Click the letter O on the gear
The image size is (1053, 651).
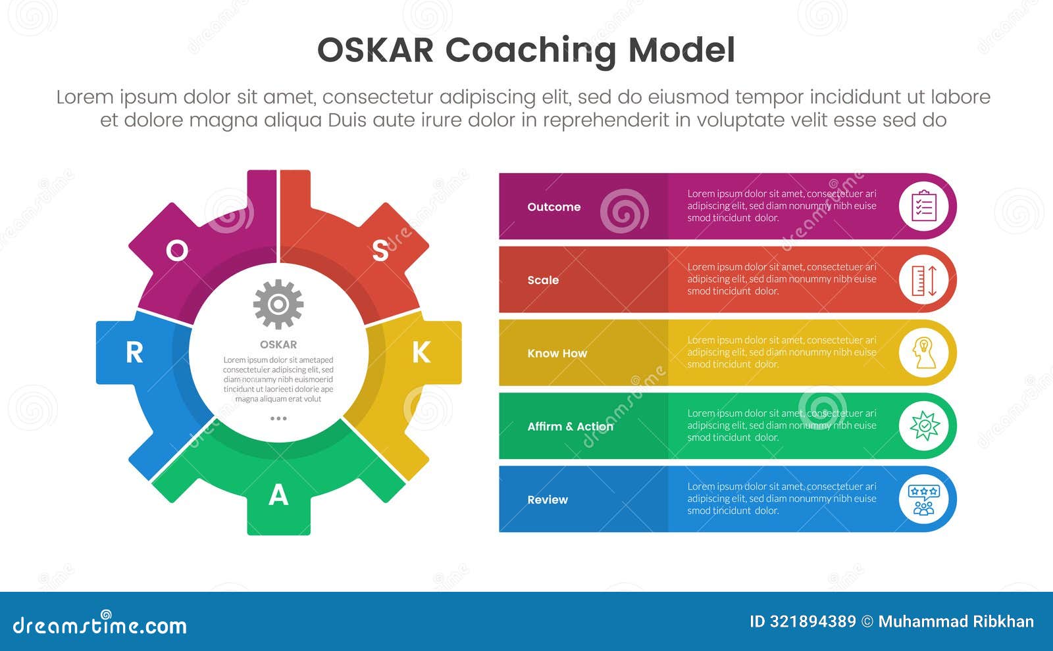pyautogui.click(x=177, y=251)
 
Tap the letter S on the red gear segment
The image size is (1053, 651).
pyautogui.click(x=380, y=251)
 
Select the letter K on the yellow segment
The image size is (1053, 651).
pyautogui.click(x=421, y=352)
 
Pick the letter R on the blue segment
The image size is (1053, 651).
pyautogui.click(x=134, y=352)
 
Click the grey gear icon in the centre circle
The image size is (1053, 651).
pyautogui.click(x=278, y=304)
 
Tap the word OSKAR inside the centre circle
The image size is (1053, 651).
pyautogui.click(x=278, y=345)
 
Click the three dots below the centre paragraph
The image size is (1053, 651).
pyautogui.click(x=278, y=418)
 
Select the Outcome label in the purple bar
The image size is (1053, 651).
pyautogui.click(x=553, y=206)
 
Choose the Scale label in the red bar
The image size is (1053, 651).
pyautogui.click(x=543, y=280)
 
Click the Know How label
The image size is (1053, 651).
pyautogui.click(x=557, y=353)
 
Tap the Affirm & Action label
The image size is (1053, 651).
pyautogui.click(x=570, y=427)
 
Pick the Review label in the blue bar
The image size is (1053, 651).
pyautogui.click(x=548, y=500)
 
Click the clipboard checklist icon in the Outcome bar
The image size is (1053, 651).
pyautogui.click(x=924, y=206)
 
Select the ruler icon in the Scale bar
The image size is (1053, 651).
pyautogui.click(x=924, y=280)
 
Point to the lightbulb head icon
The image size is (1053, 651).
pyautogui.click(x=924, y=353)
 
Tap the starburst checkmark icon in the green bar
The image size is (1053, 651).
pyautogui.click(x=924, y=426)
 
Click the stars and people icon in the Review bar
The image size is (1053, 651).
pyautogui.click(x=924, y=500)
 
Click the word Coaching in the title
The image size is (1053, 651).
pyautogui.click(x=530, y=51)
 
